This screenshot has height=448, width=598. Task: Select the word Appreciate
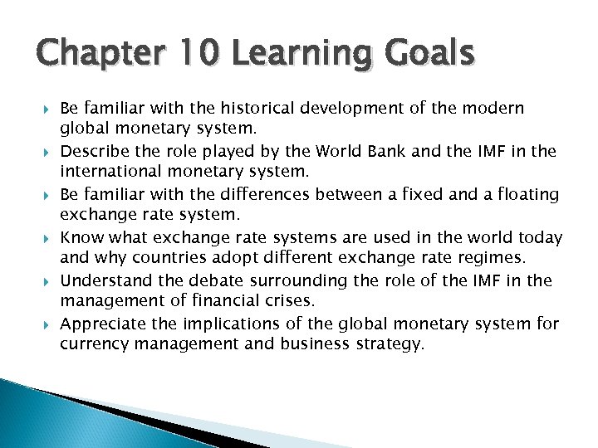tap(101, 324)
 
